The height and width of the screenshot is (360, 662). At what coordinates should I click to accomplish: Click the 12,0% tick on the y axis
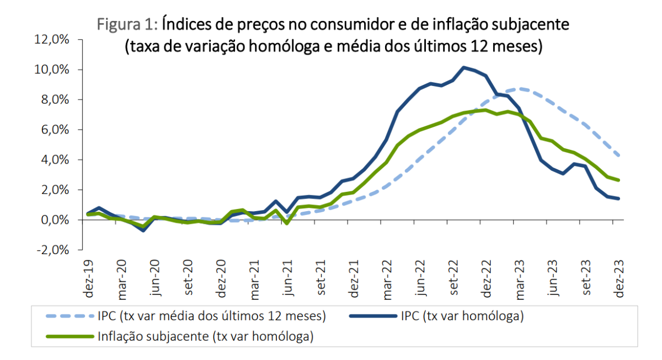(53, 40)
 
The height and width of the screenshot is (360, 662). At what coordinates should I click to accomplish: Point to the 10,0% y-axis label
(53, 70)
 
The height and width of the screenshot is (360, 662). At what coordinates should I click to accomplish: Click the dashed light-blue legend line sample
(71, 317)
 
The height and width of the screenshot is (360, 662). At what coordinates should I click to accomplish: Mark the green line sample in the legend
(71, 336)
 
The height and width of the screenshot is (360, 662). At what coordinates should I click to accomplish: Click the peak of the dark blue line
(464, 67)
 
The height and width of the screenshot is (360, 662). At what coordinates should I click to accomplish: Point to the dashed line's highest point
(520, 88)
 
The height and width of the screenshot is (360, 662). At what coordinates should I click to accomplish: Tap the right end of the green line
(619, 180)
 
